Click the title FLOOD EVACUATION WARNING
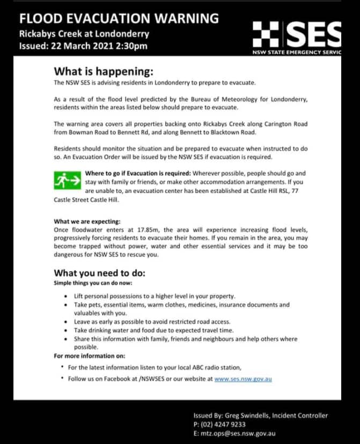119,18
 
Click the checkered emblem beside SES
266,34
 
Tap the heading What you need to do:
100,272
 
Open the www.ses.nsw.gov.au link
243,379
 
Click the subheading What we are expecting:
87,221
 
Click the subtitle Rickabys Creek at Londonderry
84,34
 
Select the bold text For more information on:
90,356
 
